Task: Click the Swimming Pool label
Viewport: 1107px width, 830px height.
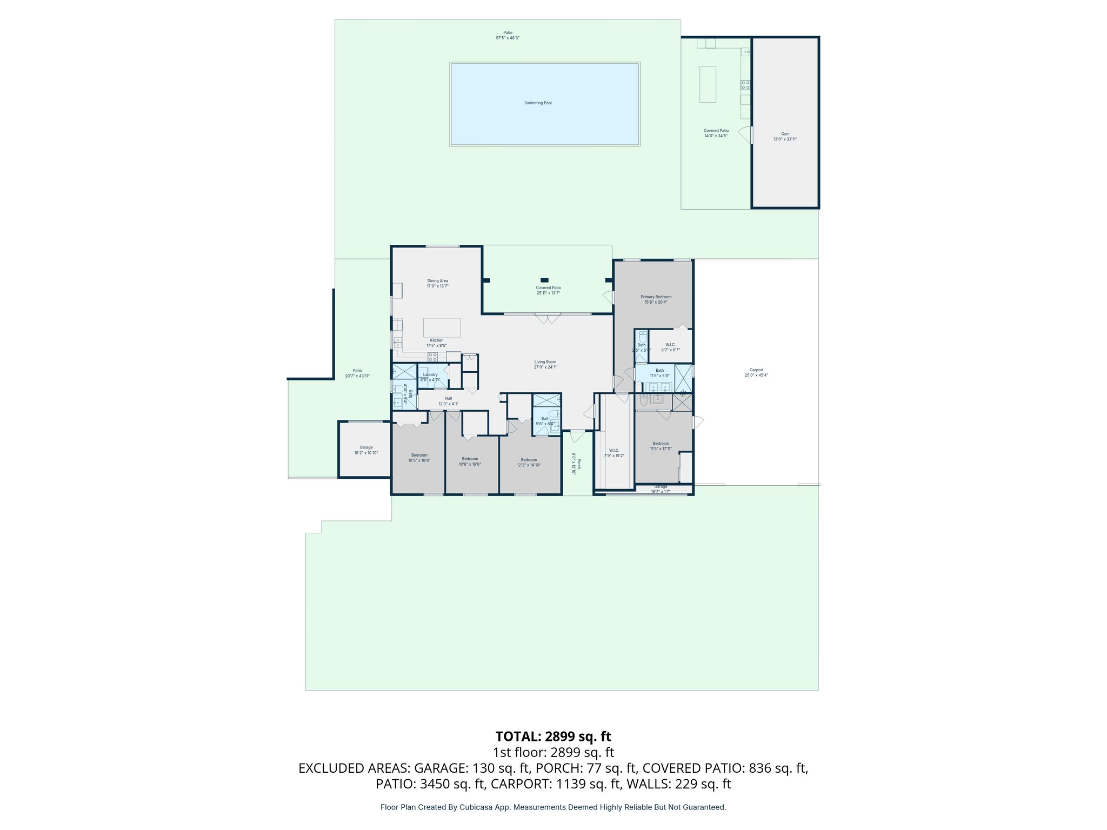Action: coord(538,103)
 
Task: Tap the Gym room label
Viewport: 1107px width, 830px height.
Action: coord(785,134)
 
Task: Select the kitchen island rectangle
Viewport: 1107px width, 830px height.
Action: coord(442,327)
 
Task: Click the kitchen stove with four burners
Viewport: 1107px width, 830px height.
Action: coord(432,357)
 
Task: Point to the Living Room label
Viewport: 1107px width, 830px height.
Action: coord(545,362)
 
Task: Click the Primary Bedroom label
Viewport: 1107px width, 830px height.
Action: coord(656,297)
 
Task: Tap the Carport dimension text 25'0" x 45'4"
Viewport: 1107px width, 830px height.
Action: coord(756,375)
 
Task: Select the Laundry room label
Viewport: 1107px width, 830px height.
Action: coord(430,374)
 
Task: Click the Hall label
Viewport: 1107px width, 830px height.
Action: coord(448,398)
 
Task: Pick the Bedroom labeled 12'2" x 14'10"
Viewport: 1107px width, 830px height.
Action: coord(529,462)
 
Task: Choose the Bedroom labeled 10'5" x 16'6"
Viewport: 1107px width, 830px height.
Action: coord(419,458)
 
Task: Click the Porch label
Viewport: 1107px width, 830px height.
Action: coord(579,464)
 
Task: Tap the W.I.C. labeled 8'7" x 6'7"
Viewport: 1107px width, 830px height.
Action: coord(670,347)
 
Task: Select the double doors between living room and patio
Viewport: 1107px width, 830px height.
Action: coord(548,318)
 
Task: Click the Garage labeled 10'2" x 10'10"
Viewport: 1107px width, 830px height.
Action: coord(366,450)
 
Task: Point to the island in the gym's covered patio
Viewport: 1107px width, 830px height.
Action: coord(708,84)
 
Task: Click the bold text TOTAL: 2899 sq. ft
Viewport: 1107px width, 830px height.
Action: coord(553,737)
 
